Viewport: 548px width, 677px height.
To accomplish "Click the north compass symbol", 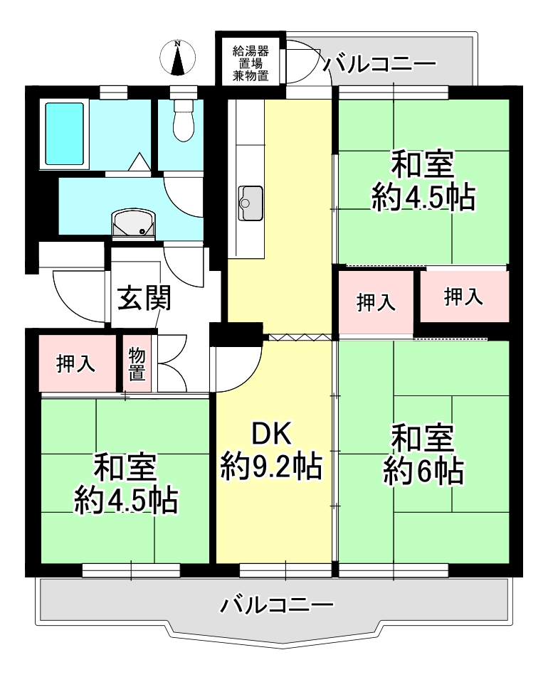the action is pyautogui.click(x=177, y=58).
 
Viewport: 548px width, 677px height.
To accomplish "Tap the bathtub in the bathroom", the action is pyautogui.click(x=64, y=134).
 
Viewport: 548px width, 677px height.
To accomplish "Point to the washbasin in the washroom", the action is pyautogui.click(x=134, y=225).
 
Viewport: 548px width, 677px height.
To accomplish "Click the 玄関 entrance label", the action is pyautogui.click(x=144, y=298).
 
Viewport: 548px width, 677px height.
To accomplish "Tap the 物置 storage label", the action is pyautogui.click(x=137, y=364).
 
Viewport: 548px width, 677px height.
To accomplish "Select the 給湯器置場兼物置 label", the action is pyautogui.click(x=251, y=63).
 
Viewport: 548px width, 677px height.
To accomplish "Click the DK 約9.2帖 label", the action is pyautogui.click(x=271, y=450).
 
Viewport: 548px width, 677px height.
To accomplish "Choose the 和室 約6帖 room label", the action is pyautogui.click(x=423, y=455).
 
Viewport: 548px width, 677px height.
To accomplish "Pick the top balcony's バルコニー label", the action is pyautogui.click(x=380, y=64).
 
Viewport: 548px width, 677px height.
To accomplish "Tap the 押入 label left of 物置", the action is pyautogui.click(x=75, y=363).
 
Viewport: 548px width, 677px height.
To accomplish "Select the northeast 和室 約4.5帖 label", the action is pyautogui.click(x=423, y=181).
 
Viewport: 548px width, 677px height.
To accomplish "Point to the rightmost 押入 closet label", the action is pyautogui.click(x=463, y=297).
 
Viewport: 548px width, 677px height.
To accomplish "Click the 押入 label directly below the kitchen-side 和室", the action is pyautogui.click(x=376, y=302).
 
